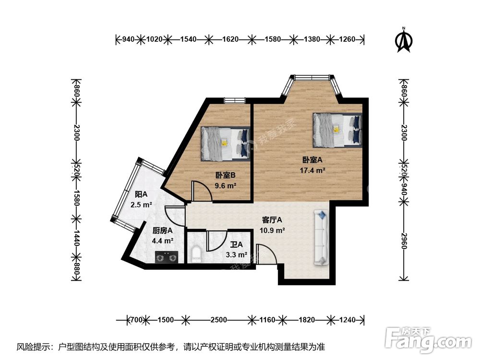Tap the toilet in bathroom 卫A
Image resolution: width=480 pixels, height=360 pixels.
click(196, 255)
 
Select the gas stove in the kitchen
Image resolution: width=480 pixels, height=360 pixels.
click(167, 257)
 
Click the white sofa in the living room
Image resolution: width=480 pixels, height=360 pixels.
click(321, 238)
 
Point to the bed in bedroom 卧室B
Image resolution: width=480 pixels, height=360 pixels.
click(226, 144)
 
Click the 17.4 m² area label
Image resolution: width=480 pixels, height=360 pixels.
click(312, 170)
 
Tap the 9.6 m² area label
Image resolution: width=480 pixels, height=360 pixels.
click(225, 185)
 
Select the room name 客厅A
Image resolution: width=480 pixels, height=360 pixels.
click(272, 220)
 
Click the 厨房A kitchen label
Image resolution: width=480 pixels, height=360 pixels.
click(163, 230)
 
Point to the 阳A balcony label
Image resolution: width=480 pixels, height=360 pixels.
click(141, 194)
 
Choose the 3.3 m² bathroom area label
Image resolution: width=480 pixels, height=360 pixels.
click(237, 255)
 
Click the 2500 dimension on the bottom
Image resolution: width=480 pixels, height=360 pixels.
click(218, 320)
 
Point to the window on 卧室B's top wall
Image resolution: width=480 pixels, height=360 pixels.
click(235, 100)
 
